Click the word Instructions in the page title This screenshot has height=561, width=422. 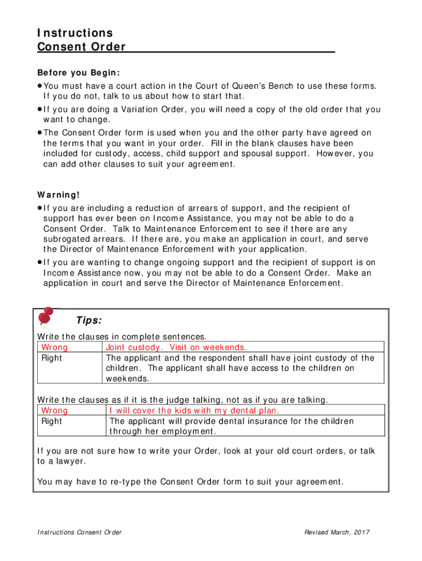point(75,33)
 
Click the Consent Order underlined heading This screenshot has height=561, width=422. point(82,47)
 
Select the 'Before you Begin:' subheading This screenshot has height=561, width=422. point(78,73)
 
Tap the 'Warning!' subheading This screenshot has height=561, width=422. point(59,194)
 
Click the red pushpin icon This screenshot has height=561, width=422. point(45,316)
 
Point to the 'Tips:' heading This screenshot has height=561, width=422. point(89,320)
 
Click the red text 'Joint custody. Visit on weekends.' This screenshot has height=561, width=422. point(176,347)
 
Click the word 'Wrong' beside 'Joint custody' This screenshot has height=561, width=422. point(55,347)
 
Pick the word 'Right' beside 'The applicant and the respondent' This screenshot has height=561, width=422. point(52,358)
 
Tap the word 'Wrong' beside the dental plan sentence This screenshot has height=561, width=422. point(55,410)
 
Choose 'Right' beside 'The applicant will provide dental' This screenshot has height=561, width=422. point(52,421)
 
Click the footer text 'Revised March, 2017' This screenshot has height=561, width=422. point(338,532)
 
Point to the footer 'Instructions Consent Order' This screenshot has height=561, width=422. point(79,532)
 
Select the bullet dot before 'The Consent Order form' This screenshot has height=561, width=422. point(40,133)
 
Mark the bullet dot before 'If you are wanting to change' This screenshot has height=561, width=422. point(40,262)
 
